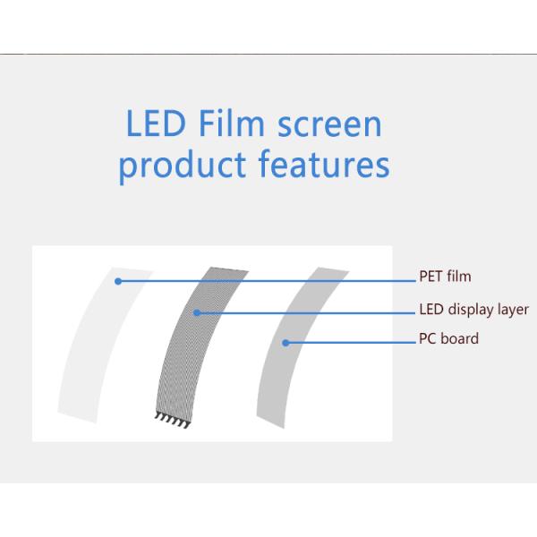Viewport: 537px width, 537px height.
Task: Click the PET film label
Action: coord(445,277)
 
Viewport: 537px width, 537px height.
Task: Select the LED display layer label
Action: coord(473,310)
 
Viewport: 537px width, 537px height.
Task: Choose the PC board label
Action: coord(448,338)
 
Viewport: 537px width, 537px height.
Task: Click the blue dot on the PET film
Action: coord(117,281)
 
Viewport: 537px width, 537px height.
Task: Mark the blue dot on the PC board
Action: coord(286,342)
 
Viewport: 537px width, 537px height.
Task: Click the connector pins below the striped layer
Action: coord(168,417)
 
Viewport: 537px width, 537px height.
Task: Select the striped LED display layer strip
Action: coord(183,358)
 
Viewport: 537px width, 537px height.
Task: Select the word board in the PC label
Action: coord(460,338)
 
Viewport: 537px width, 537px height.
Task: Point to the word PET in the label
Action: coord(430,277)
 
